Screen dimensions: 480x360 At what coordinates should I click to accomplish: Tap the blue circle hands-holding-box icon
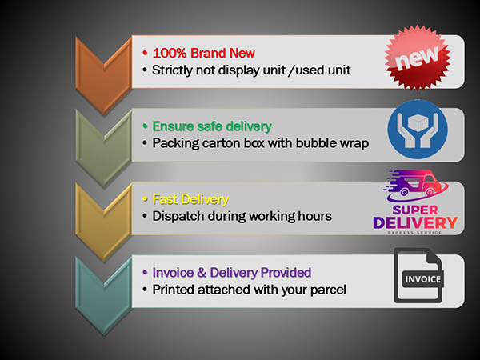click(x=418, y=130)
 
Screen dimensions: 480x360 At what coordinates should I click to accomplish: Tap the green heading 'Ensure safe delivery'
click(x=212, y=126)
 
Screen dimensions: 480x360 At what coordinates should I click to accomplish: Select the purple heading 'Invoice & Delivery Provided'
click(x=231, y=272)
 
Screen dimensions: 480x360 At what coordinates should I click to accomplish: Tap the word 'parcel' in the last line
click(x=326, y=289)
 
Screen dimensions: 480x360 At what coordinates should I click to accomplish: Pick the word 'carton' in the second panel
click(x=224, y=143)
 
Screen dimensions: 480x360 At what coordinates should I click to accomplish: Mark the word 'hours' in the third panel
click(x=312, y=216)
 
